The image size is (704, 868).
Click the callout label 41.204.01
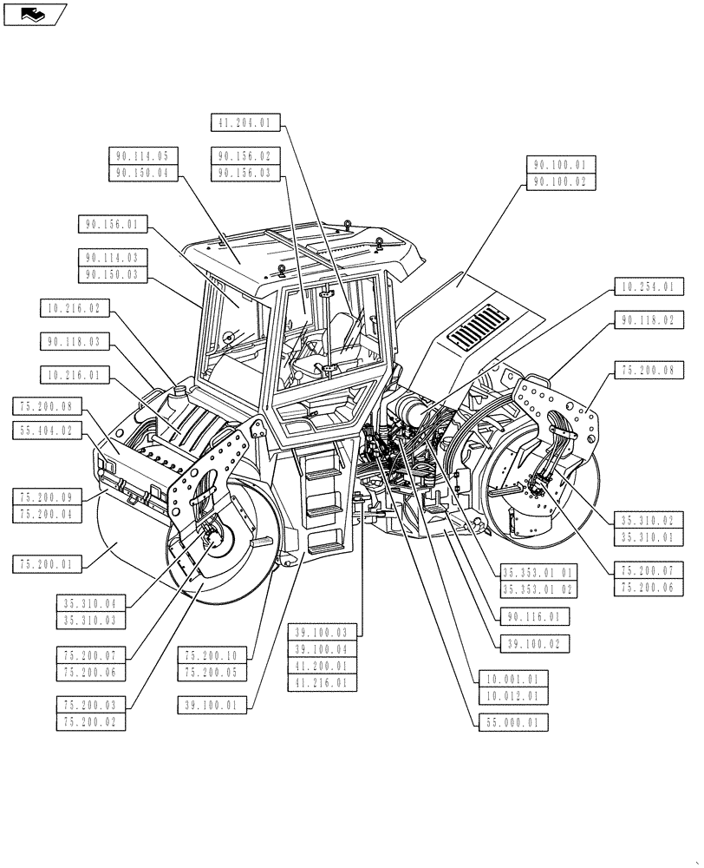point(244,123)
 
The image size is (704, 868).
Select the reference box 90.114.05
point(143,156)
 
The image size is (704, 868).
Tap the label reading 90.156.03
point(244,174)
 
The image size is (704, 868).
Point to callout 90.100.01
point(560,164)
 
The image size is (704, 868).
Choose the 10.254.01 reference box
point(649,286)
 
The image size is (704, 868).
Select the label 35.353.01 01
point(538,572)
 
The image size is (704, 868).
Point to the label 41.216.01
point(321,684)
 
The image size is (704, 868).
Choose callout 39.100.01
point(210,704)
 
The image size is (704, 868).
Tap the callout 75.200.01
point(48,564)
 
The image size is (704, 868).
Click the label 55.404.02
point(48,430)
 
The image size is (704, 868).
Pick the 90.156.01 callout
point(112,225)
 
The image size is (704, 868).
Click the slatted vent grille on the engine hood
point(474,328)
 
